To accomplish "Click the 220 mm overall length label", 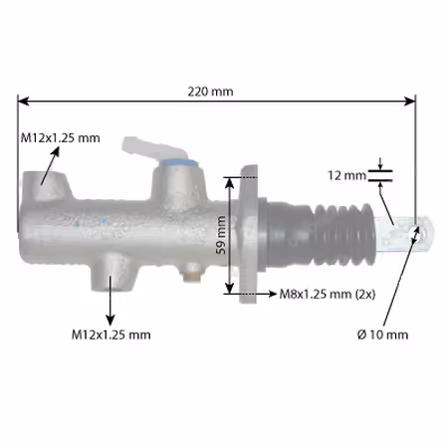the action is click(210, 92).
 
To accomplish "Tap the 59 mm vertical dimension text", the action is click(221, 235).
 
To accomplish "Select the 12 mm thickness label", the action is click(346, 175).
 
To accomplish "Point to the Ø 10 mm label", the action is click(382, 335).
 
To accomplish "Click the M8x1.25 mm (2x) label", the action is click(328, 294).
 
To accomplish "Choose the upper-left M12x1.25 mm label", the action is click(60, 137).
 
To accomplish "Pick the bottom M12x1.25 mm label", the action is click(112, 335).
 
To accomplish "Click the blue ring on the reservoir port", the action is click(178, 162).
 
